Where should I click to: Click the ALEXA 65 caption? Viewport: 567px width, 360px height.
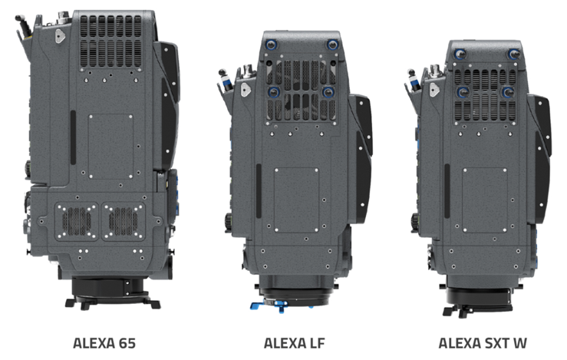click(x=104, y=343)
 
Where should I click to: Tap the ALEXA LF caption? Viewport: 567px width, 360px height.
click(x=295, y=343)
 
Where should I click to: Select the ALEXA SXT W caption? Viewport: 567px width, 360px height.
click(x=483, y=343)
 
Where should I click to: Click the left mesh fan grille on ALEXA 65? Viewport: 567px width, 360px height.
click(x=77, y=221)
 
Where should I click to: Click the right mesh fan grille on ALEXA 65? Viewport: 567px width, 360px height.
click(x=123, y=221)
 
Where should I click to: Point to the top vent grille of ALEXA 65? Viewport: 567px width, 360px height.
click(x=110, y=41)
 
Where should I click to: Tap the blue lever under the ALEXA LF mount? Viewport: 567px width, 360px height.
click(x=267, y=306)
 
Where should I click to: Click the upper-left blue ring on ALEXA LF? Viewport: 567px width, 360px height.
click(x=271, y=45)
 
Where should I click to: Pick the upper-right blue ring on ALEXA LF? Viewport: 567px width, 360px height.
click(x=332, y=45)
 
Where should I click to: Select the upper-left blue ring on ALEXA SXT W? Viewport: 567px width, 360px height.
click(x=460, y=54)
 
